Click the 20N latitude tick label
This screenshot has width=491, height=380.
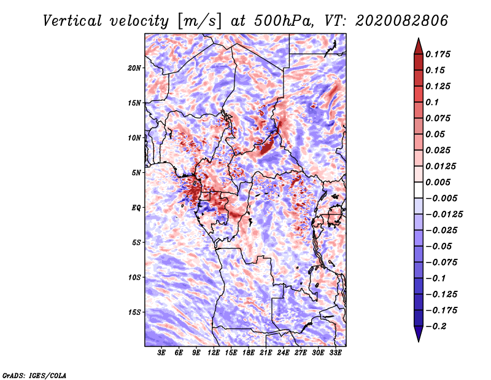[135, 68]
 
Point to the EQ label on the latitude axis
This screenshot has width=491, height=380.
[136, 207]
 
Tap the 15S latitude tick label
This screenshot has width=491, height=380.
[135, 312]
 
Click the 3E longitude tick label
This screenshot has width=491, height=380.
[162, 353]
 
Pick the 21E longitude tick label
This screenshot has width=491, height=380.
[266, 353]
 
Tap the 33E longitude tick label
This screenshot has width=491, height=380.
[335, 353]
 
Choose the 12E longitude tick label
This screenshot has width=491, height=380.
[214, 353]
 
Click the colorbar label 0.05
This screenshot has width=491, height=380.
[437, 134]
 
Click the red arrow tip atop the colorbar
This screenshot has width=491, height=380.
[418, 43]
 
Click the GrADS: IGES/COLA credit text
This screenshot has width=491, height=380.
[34, 374]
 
